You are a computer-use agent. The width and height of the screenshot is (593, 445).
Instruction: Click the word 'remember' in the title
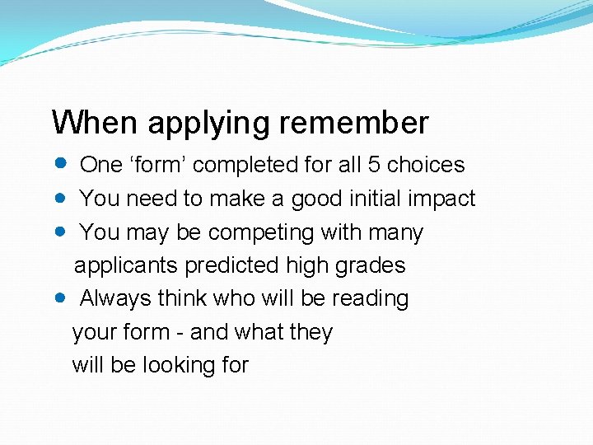tap(353, 123)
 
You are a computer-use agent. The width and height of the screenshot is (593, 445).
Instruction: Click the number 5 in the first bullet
tap(374, 165)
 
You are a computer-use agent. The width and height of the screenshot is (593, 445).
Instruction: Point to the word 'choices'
tap(426, 165)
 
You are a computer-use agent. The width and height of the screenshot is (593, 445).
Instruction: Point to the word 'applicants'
tap(126, 266)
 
